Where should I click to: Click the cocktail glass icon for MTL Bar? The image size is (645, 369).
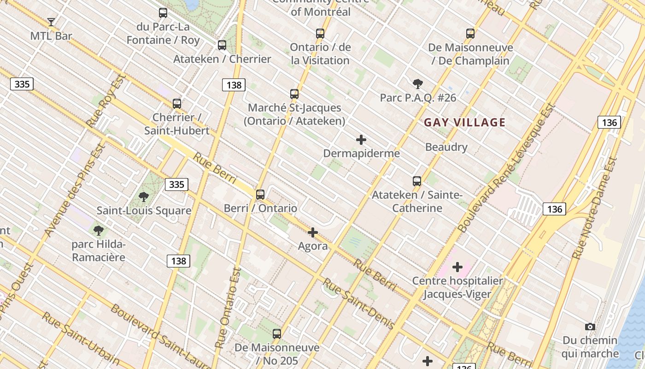pyautogui.click(x=51, y=22)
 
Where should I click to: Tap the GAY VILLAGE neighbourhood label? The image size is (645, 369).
pyautogui.click(x=464, y=122)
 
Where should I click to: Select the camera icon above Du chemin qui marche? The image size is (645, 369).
pyautogui.click(x=590, y=327)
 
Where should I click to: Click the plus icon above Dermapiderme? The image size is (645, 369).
pyautogui.click(x=361, y=139)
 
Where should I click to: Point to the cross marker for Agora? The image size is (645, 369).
pyautogui.click(x=313, y=232)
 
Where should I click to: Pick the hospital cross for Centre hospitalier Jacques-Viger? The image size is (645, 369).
pyautogui.click(x=457, y=267)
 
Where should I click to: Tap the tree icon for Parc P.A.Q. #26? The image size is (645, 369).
pyautogui.click(x=418, y=83)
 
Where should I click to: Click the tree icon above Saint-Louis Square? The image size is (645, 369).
pyautogui.click(x=144, y=197)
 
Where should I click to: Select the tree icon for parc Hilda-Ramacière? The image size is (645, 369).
pyautogui.click(x=98, y=230)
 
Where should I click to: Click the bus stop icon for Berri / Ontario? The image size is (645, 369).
pyautogui.click(x=260, y=194)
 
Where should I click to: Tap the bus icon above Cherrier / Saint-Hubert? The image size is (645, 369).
pyautogui.click(x=177, y=103)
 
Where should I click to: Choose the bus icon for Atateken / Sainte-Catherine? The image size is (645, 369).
pyautogui.click(x=417, y=181)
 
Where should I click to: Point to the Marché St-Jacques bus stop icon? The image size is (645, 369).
pyautogui.click(x=294, y=94)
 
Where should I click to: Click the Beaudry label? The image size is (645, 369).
pyautogui.click(x=446, y=147)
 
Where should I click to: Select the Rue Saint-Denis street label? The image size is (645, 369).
pyautogui.click(x=358, y=304)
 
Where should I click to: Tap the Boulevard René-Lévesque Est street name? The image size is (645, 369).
pyautogui.click(x=506, y=168)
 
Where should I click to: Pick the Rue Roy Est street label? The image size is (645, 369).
pyautogui.click(x=106, y=101)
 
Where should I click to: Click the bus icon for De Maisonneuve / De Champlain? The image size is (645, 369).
pyautogui.click(x=470, y=34)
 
